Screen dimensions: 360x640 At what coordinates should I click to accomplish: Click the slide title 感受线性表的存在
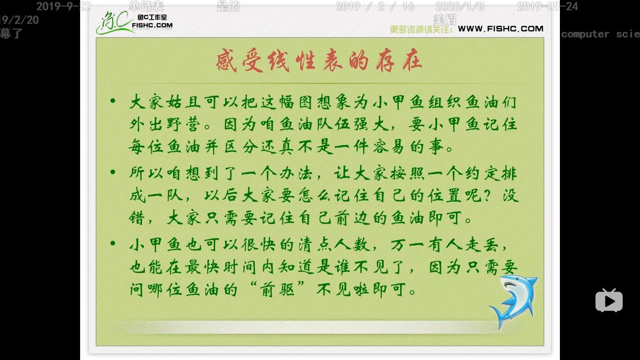click(319, 61)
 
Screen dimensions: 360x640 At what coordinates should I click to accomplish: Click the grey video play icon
click(609, 300)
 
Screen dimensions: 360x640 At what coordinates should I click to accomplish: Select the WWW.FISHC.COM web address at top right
click(500, 29)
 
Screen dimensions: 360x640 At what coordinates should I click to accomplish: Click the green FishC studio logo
click(134, 22)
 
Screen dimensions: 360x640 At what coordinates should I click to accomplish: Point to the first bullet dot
click(112, 101)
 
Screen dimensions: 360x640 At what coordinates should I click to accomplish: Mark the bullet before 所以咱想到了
click(112, 172)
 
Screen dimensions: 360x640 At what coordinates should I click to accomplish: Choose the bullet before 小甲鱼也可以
click(112, 244)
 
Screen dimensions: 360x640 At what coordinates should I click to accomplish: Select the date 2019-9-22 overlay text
click(64, 7)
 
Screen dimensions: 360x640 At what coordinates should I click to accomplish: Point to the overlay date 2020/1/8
click(460, 7)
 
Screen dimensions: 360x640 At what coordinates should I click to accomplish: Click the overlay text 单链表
click(146, 7)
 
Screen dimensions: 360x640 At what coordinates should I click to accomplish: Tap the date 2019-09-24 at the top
click(547, 7)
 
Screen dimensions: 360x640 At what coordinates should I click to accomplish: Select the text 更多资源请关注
click(421, 29)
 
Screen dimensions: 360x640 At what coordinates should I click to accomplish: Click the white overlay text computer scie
click(600, 34)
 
